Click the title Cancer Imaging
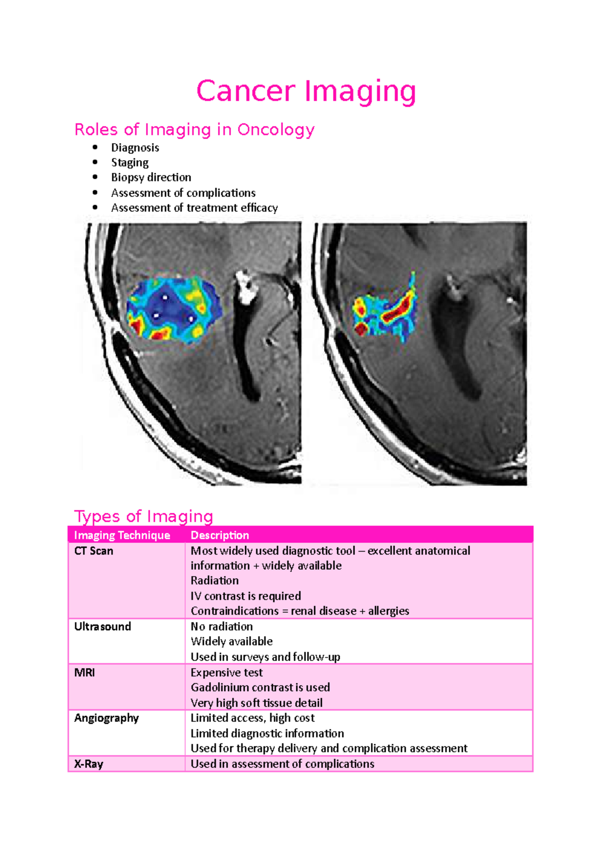[x=306, y=92]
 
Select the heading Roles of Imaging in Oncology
[x=194, y=130]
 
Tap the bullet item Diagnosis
[x=135, y=148]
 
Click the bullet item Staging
[x=130, y=163]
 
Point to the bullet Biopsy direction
[x=151, y=177]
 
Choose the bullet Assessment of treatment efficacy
[x=194, y=208]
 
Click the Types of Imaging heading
[x=144, y=516]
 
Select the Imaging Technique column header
[x=122, y=535]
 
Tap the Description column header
[x=220, y=535]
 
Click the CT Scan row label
[x=93, y=551]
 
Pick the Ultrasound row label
[x=102, y=627]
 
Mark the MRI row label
[x=84, y=673]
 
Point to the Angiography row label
[x=106, y=718]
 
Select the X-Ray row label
[x=88, y=764]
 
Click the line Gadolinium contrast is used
[x=260, y=688]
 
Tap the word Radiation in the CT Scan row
[x=215, y=581]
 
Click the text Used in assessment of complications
[x=282, y=764]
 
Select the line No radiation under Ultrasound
[x=222, y=627]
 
